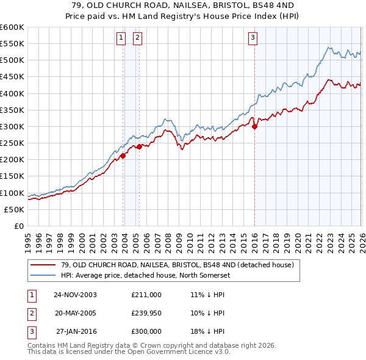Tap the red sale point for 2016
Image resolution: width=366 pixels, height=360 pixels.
[255, 127]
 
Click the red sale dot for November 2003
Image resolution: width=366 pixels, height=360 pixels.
[123, 156]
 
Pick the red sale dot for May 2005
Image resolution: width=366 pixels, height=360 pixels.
[139, 146]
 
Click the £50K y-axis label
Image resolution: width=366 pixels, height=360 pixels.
[15, 209]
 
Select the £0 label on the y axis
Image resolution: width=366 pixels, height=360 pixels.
[19, 226]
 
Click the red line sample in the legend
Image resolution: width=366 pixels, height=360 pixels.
[43, 265]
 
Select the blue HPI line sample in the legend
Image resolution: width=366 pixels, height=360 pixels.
[43, 275]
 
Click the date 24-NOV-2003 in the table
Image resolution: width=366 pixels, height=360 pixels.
[75, 295]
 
